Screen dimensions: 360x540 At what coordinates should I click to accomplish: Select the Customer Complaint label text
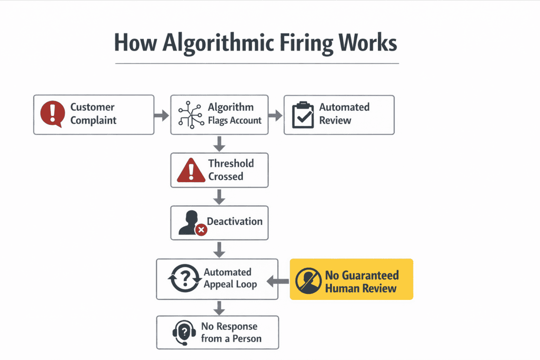coord(93,114)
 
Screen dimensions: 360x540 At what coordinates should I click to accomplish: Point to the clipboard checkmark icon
coord(303,115)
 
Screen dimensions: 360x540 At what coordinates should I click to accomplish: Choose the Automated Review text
coord(344,114)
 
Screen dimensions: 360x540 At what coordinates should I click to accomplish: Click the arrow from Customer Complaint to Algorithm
coord(162,115)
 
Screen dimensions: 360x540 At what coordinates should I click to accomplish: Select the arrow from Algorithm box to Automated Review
coord(276,115)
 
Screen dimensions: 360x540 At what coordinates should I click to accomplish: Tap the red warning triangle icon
coord(191,170)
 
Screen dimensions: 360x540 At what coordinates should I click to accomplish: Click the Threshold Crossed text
coord(231,170)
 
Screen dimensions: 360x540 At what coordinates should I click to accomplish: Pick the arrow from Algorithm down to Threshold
coord(219,143)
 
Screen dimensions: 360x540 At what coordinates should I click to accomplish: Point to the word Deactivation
coord(235,221)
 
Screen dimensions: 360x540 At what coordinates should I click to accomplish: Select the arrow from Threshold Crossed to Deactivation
coord(219,196)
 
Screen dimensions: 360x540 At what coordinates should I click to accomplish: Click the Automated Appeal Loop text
coord(230,278)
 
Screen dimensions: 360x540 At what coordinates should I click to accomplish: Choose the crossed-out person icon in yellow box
coord(308,280)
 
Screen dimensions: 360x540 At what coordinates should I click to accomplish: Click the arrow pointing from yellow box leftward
coord(278,281)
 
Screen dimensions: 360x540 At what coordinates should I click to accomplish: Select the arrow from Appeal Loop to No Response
coord(219,307)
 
